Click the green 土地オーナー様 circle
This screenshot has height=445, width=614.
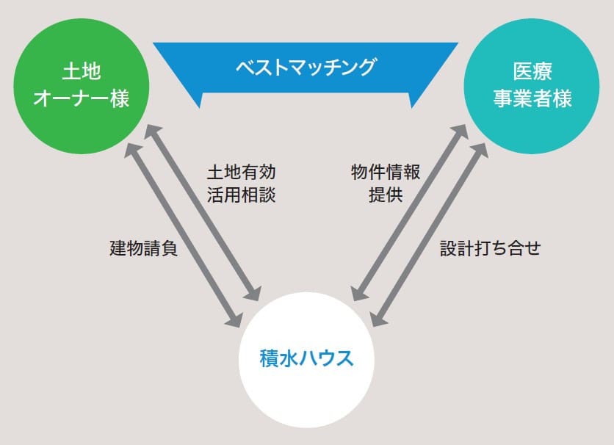81,87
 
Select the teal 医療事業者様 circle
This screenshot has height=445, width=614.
532,87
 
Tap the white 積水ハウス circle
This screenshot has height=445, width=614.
306,360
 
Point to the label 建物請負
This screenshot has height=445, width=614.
144,248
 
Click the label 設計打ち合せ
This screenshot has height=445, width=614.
490,248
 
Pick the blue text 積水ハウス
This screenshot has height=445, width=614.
306,359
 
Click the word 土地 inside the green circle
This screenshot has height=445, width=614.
82,73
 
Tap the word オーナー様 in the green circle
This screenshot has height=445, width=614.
82,99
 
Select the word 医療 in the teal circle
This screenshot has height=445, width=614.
532,73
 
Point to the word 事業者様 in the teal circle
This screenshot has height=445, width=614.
532,99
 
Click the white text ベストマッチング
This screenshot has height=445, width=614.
306,68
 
